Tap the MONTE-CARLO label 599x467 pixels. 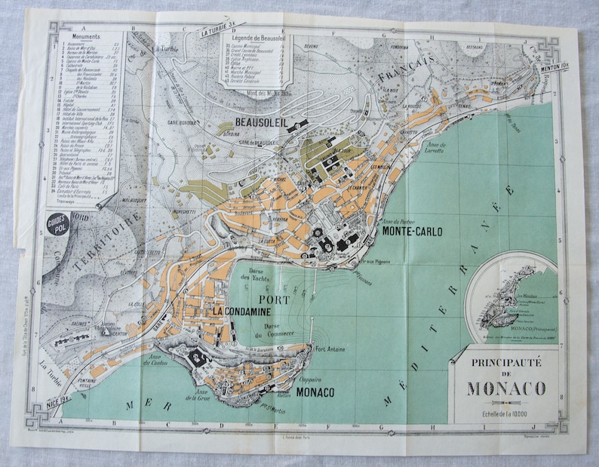click(412, 232)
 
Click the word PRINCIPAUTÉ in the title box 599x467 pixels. click(505, 363)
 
